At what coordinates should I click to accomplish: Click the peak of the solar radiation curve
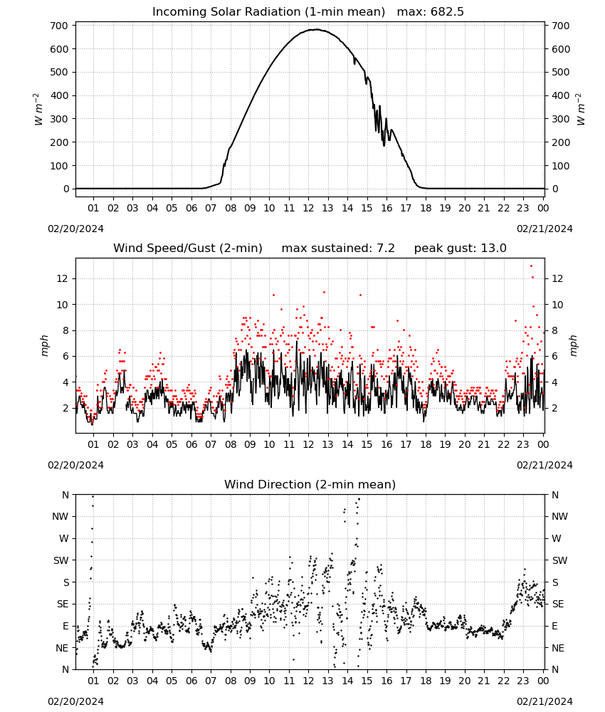point(315,29)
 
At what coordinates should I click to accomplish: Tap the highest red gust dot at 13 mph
point(532,266)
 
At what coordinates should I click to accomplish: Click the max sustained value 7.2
point(385,248)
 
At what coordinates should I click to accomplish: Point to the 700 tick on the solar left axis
point(60,26)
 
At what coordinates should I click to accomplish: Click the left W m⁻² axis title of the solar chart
point(39,109)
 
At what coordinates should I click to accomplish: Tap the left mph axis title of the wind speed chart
point(44,345)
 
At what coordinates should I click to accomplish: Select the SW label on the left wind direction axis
point(61,560)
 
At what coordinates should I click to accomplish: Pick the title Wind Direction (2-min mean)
point(310,484)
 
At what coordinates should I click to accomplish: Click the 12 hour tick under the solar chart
point(308,208)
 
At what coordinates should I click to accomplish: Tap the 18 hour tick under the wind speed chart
point(426,444)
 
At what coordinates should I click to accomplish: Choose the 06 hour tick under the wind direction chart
point(191,681)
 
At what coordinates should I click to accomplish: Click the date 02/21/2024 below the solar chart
point(544,229)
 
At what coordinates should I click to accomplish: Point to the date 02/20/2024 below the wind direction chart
point(75,701)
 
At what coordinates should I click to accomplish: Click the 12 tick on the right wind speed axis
point(557,279)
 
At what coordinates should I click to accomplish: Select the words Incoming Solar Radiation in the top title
point(226,12)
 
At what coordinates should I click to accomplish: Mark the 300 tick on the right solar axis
point(561,119)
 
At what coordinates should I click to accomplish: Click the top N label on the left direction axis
point(65,495)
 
